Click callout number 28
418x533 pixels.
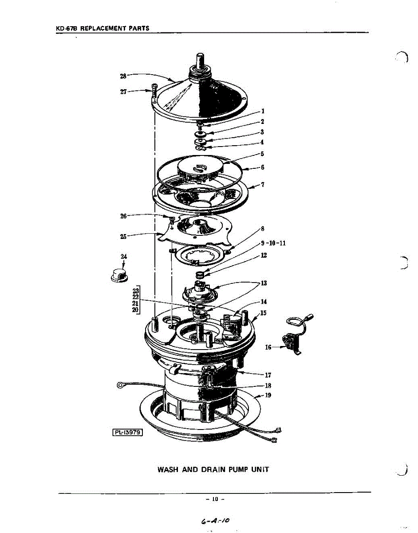click(123, 76)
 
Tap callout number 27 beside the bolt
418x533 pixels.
click(123, 92)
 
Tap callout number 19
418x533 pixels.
click(268, 395)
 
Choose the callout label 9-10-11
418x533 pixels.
click(273, 243)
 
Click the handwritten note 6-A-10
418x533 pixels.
click(215, 520)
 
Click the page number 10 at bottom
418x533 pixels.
click(215, 499)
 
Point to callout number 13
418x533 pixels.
click(264, 282)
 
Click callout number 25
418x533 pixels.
click(123, 236)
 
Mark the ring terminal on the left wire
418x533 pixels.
click(119, 385)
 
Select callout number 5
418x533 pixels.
click(262, 154)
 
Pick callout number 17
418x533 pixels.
click(268, 375)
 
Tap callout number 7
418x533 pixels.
click(263, 184)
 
